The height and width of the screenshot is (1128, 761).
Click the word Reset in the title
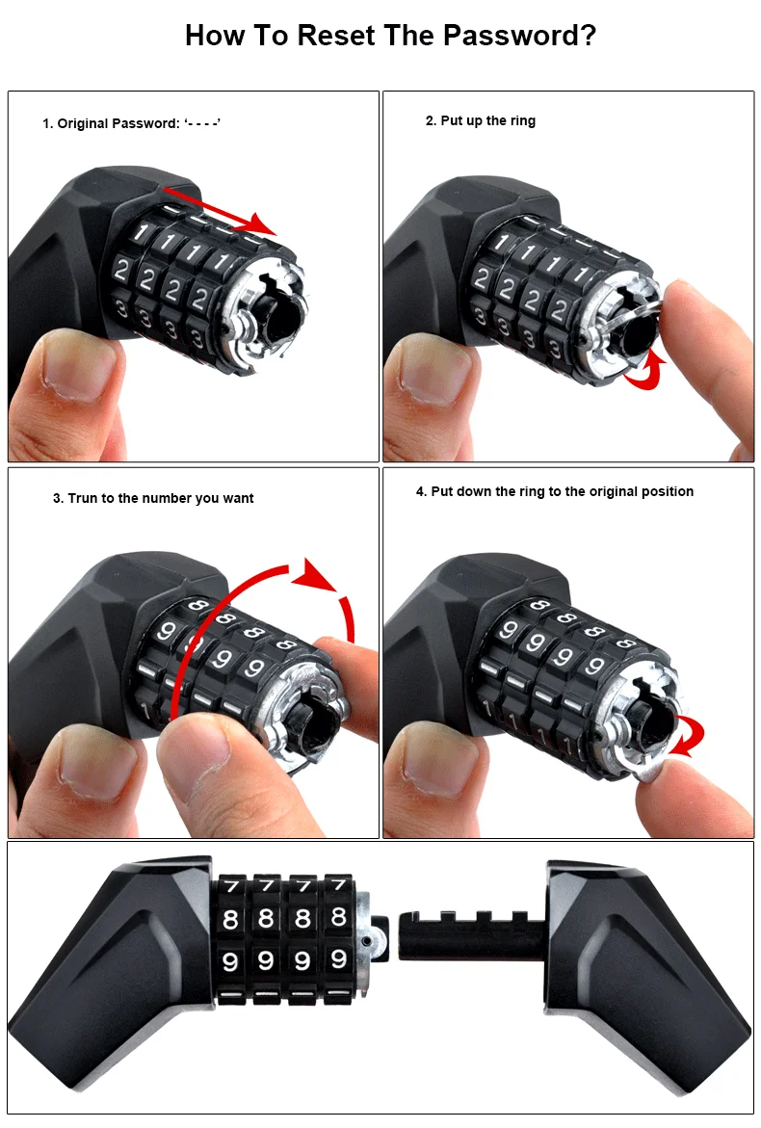335,36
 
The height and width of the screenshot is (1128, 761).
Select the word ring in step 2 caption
521,120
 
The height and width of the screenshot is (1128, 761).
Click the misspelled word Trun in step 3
81,498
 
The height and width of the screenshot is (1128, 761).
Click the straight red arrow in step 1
220,210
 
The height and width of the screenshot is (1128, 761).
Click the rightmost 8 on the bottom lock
338,917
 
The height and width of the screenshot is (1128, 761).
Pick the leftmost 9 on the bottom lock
230,961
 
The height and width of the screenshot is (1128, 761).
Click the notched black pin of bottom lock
467,935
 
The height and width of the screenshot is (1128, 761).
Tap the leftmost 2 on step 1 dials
121,272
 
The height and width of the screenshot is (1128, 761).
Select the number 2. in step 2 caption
431,120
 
